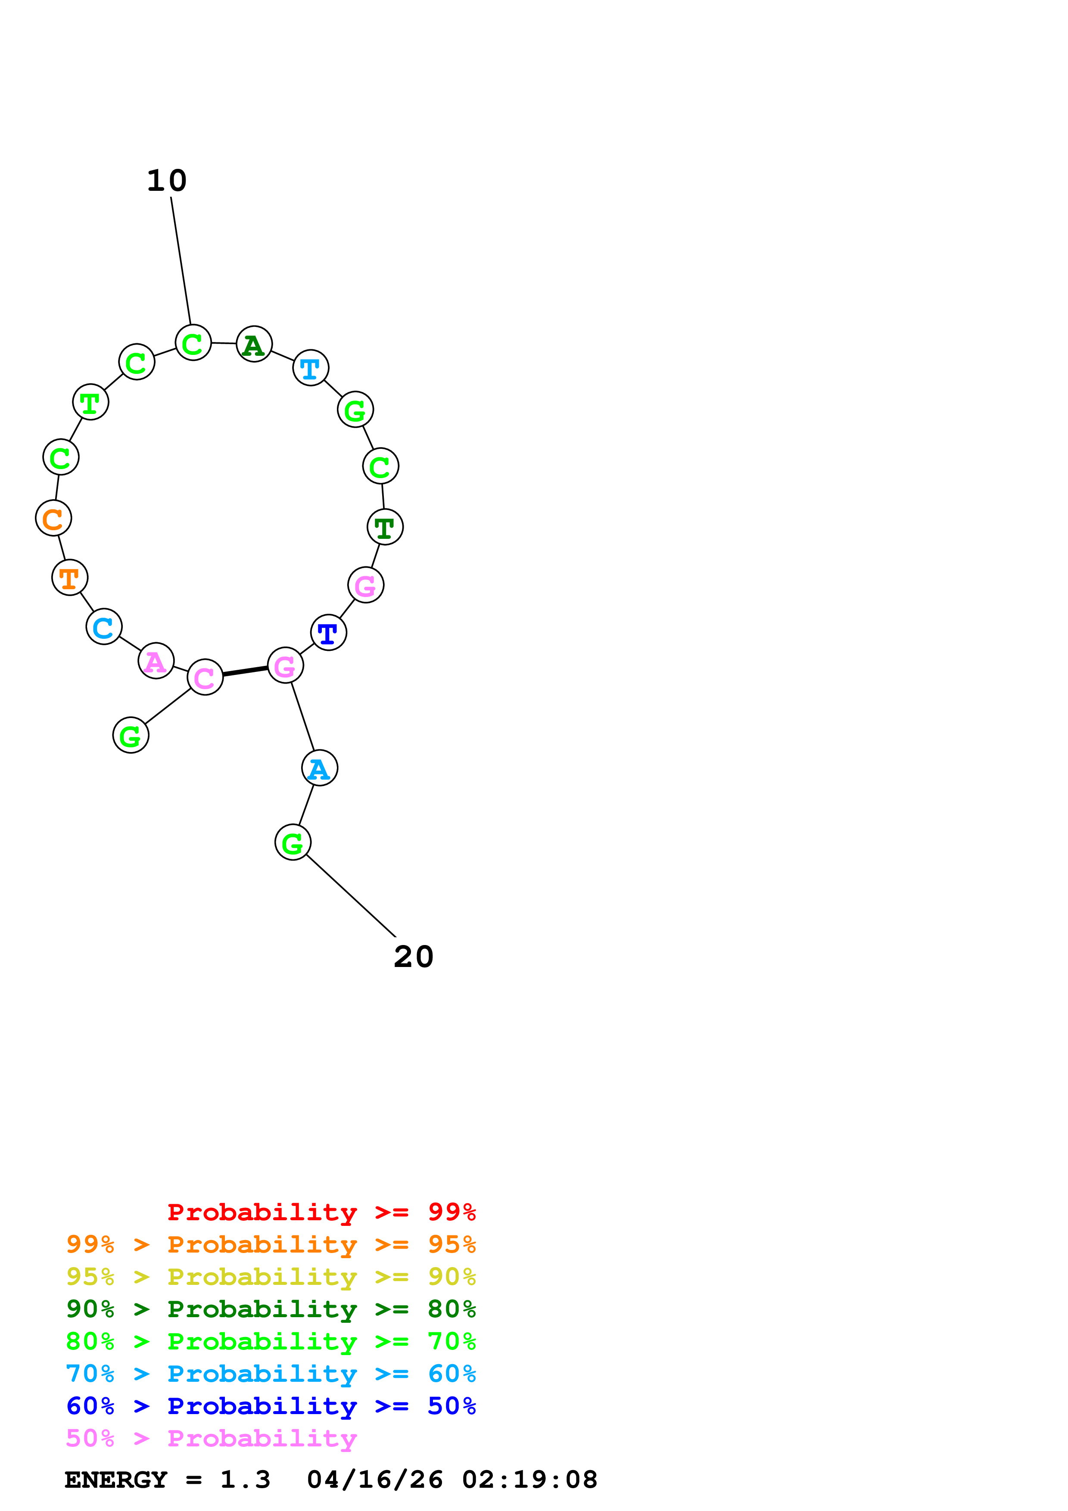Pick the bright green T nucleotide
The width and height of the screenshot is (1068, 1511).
point(90,402)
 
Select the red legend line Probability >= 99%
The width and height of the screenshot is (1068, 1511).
point(321,1212)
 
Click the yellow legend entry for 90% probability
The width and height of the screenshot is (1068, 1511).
point(271,1278)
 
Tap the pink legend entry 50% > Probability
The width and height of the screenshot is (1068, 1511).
point(211,1439)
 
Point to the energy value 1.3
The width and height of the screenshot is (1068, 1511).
point(245,1480)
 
